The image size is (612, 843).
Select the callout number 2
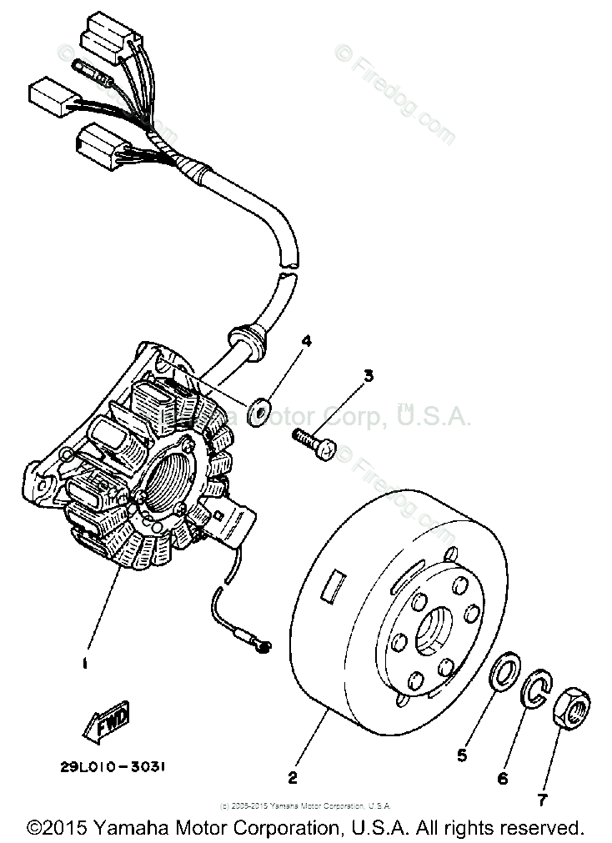click(x=292, y=778)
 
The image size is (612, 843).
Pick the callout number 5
click(x=461, y=756)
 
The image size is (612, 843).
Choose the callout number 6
click(x=502, y=779)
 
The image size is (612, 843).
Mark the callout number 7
click(x=543, y=800)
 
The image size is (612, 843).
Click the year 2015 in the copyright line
click(x=67, y=828)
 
